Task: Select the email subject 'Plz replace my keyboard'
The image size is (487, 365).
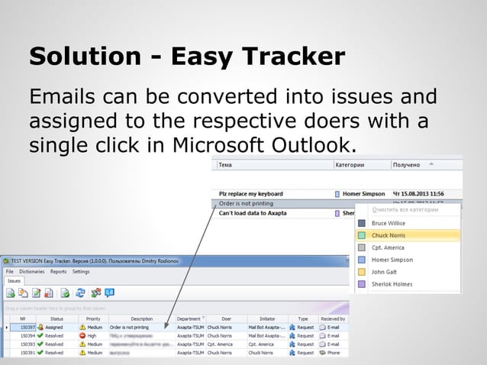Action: point(251,194)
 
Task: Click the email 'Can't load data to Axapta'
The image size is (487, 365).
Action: point(253,213)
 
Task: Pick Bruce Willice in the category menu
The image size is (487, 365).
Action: point(390,224)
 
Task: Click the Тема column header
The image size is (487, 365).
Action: point(226,164)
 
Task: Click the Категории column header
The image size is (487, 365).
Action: point(350,164)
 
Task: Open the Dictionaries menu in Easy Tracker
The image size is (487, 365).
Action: point(31,271)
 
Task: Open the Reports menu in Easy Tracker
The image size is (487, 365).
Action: point(58,271)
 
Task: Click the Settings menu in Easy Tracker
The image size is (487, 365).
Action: point(81,271)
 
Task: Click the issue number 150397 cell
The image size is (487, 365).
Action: point(27,328)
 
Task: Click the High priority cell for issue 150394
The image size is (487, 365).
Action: point(92,336)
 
